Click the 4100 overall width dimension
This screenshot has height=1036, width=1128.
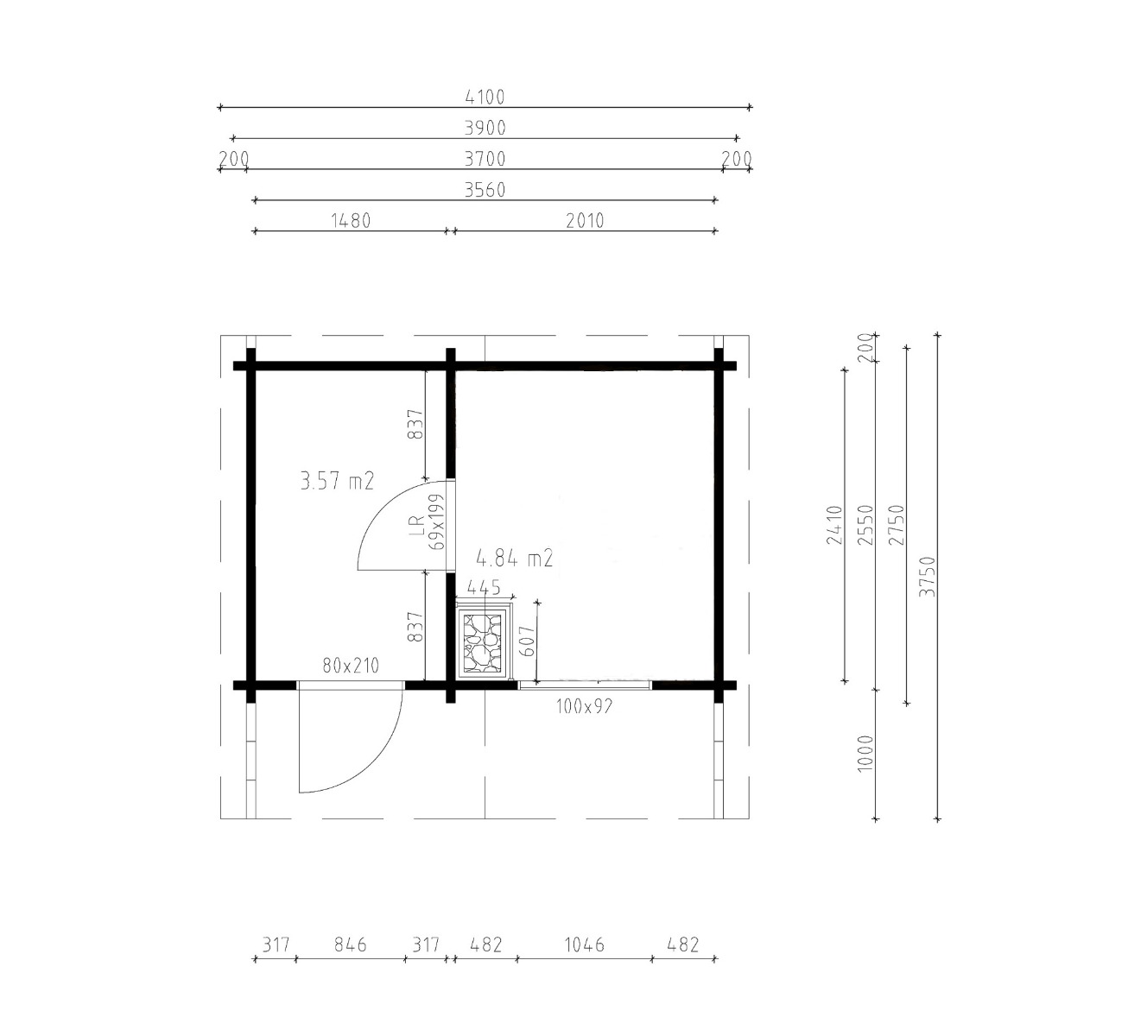tap(485, 98)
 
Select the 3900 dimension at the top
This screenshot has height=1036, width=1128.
tap(485, 128)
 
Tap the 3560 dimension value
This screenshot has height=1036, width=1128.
tap(485, 190)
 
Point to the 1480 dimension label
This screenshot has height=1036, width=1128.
tap(351, 221)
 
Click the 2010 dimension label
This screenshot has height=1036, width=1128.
tap(585, 221)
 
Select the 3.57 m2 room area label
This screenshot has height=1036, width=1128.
tap(338, 481)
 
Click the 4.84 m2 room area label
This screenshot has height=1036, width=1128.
tap(515, 559)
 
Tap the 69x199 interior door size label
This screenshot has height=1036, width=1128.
tap(436, 522)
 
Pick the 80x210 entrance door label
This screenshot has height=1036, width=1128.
tap(351, 666)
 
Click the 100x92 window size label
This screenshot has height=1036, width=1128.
tap(584, 706)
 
